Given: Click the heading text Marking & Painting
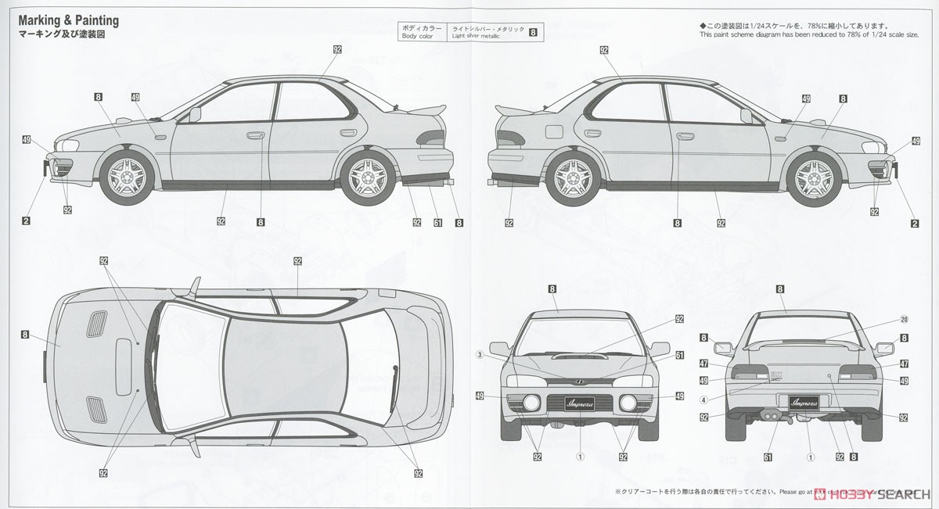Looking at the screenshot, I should (69, 20).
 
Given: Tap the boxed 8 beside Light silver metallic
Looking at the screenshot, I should (533, 32).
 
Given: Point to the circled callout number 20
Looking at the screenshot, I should (904, 318).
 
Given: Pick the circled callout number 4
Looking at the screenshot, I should (703, 400).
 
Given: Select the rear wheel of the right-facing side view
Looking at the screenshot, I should (572, 174).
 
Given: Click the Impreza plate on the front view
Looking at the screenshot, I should (580, 403).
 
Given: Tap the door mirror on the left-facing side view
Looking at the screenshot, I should (195, 115).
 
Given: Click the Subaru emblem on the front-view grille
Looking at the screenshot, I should (580, 381).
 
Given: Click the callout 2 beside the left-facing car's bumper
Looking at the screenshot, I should (26, 222).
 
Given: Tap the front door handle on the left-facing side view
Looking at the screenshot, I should (255, 136).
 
